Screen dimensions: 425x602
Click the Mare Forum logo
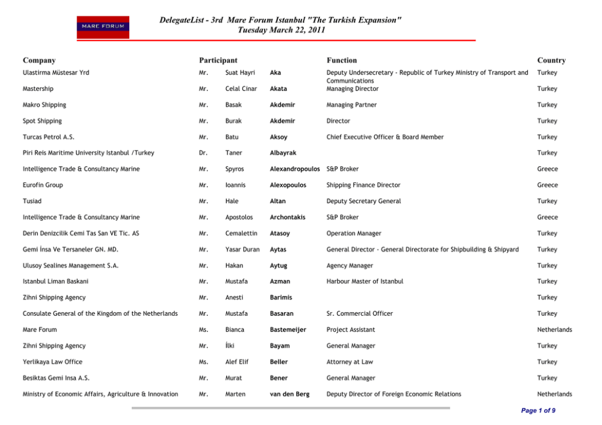click(x=103, y=27)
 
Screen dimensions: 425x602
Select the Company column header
click(x=39, y=61)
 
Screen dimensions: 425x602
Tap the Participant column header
click(x=218, y=61)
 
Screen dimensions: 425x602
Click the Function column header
click(x=342, y=61)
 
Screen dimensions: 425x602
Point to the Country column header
click(x=551, y=61)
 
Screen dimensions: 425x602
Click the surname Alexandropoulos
click(x=295, y=169)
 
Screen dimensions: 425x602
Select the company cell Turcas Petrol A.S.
click(x=49, y=137)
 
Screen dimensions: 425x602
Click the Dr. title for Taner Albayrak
click(x=203, y=153)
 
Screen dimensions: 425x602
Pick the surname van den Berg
click(x=289, y=394)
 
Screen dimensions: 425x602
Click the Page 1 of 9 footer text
click(x=538, y=410)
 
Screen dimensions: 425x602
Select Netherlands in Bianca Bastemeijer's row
click(x=555, y=330)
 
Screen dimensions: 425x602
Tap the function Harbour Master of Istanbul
click(x=365, y=281)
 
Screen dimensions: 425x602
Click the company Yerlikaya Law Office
click(x=52, y=362)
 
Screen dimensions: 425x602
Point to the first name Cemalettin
click(x=241, y=233)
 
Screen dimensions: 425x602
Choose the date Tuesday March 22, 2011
click(x=281, y=30)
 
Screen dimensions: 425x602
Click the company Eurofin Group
click(x=42, y=185)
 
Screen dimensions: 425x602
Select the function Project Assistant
click(x=351, y=330)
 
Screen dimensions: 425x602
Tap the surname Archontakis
click(x=288, y=217)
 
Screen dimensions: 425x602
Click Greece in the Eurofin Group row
click(x=547, y=185)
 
